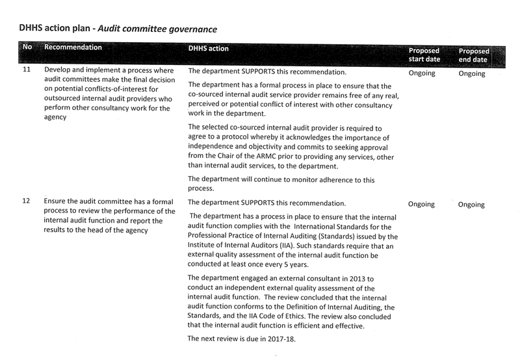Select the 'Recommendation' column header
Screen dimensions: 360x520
73,48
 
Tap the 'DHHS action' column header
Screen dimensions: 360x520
208,49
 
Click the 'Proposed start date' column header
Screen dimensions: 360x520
424,55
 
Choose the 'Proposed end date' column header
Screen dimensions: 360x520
474,55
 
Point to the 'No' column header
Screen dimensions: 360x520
27,48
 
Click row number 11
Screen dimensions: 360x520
27,70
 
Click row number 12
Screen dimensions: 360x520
27,201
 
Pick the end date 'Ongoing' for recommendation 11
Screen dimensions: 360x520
471,73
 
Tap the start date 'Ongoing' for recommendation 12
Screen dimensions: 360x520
422,204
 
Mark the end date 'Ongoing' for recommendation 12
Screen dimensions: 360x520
471,205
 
